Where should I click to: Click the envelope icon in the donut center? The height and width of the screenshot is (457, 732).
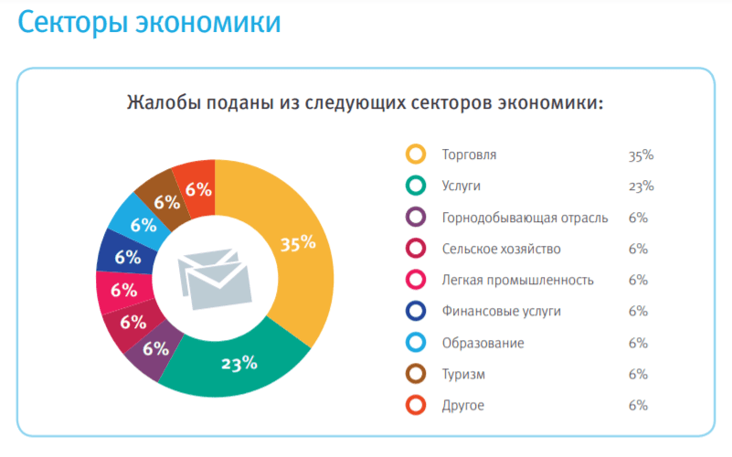pos(214,277)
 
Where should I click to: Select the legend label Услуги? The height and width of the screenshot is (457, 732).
pos(461,186)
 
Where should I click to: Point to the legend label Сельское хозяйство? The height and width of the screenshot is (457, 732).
pos(501,249)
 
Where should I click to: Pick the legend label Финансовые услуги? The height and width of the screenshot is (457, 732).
pos(501,311)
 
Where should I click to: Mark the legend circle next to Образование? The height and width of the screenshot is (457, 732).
pos(416,343)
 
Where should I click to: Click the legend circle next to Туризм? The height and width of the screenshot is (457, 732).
pos(416,374)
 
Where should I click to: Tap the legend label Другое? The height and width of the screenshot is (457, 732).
pos(462,405)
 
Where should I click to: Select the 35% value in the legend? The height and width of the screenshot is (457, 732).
pos(641,154)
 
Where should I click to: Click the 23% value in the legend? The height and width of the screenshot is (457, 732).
pos(641,186)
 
